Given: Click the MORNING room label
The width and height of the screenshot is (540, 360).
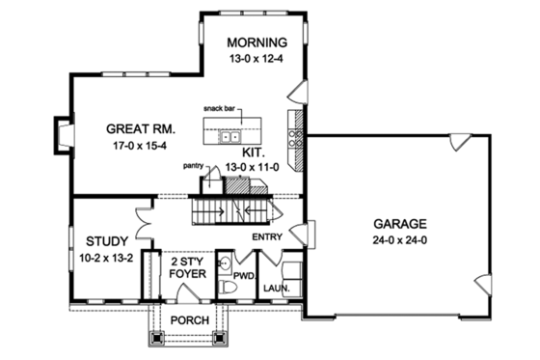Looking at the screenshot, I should click(257, 42).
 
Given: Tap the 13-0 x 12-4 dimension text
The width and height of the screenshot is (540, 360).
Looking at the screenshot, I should click(256, 59).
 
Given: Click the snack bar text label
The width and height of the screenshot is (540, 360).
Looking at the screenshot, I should click(221, 109).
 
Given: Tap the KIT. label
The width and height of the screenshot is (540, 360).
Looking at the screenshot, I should click(254, 152).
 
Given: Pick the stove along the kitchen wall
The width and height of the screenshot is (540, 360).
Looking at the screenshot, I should click(293, 123).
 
